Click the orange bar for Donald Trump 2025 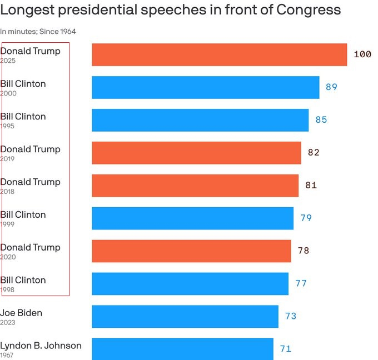pos(219,54)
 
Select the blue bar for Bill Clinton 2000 pos(205,87)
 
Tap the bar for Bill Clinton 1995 pos(200,120)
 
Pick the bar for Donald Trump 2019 pos(196,153)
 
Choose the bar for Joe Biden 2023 pos(185,316)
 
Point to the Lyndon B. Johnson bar pos(182,349)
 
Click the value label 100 pos(362,54)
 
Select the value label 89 pos(332,87)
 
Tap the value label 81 pos(311,186)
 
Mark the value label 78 pos(303,251)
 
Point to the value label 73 pos(291,316)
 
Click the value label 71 pos(286,349)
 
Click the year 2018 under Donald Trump pos(8,192)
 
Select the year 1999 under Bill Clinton pos(8,224)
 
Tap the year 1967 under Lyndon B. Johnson pos(8,355)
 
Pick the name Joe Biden pos(21,313)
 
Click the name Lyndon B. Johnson pos(41,346)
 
